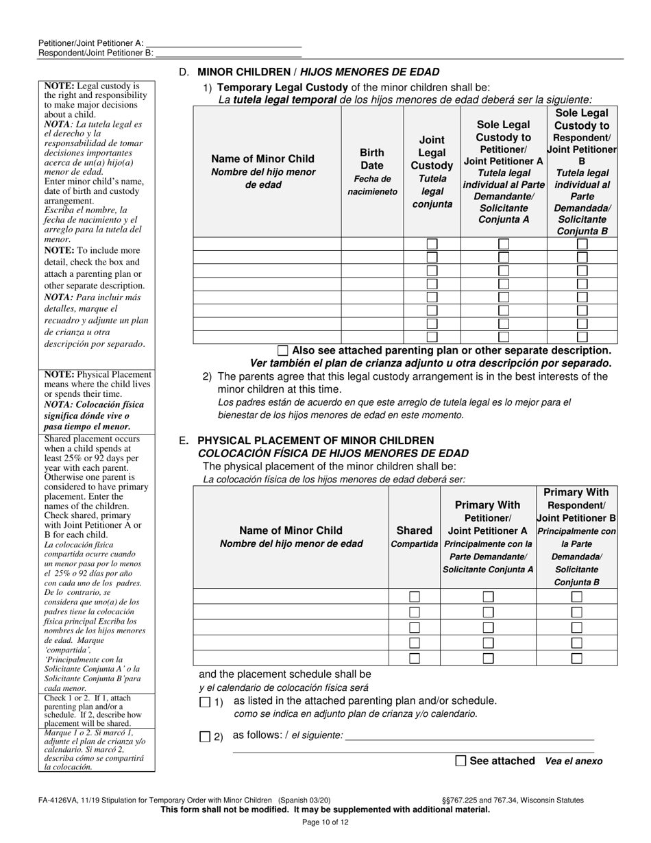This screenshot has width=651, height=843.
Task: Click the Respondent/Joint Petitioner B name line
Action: (228, 53)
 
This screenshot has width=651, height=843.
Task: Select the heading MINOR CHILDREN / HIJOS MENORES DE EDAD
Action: (318, 72)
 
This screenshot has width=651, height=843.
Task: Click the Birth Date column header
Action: (372, 171)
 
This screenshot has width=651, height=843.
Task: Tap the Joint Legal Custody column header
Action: (432, 171)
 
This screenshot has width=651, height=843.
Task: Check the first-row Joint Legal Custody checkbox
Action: (432, 244)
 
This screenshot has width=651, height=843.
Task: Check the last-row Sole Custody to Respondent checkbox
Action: (582, 337)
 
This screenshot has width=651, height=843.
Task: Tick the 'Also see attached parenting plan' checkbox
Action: (283, 350)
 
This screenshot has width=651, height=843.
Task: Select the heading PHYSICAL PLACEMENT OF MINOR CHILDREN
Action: (315, 440)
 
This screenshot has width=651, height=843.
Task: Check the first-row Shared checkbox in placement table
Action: (414, 596)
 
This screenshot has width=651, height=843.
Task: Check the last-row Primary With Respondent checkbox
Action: (576, 658)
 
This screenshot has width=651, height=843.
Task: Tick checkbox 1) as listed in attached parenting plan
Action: (205, 702)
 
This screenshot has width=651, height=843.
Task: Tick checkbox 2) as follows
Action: (205, 737)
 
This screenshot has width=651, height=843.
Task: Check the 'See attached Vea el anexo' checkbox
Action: (460, 760)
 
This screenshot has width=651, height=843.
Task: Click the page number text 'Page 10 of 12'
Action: (325, 822)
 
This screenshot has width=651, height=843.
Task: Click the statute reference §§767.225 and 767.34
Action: (513, 800)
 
